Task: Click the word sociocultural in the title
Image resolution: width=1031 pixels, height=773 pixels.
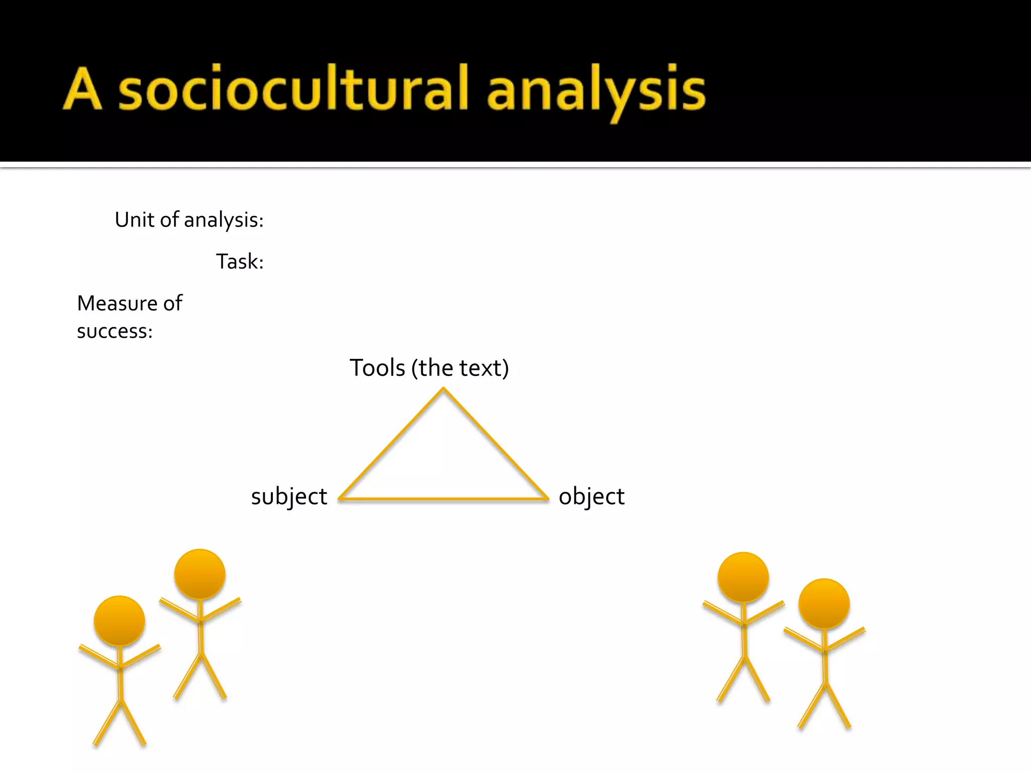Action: [293, 90]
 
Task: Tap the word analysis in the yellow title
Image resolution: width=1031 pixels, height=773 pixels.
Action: [596, 91]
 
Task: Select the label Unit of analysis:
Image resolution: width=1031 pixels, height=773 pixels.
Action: [189, 220]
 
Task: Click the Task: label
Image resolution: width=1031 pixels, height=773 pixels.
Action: [240, 262]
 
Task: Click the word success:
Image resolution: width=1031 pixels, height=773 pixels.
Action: [115, 331]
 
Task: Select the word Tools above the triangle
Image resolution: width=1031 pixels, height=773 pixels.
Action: [377, 368]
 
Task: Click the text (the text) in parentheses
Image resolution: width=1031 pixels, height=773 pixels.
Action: [460, 368]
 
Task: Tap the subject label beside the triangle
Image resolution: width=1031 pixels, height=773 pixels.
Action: [289, 496]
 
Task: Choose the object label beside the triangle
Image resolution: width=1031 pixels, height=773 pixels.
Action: [592, 496]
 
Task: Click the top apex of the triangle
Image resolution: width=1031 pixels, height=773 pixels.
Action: [444, 389]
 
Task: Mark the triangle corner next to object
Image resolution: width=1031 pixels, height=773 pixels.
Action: [547, 498]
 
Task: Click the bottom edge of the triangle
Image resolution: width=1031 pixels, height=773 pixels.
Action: [444, 499]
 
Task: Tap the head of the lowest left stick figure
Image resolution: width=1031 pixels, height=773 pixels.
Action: [119, 621]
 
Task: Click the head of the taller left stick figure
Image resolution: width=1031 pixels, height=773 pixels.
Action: [200, 574]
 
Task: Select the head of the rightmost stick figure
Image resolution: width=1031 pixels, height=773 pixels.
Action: [824, 604]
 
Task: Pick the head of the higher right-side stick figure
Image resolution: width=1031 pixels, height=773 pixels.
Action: [743, 577]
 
